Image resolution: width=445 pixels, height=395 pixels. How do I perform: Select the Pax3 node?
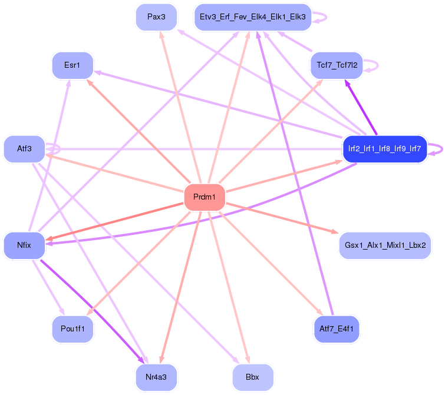tap(156, 17)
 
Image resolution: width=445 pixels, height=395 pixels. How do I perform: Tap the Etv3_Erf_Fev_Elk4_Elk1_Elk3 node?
tap(252, 17)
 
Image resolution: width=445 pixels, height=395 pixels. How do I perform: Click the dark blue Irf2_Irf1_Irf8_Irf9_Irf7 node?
tap(384, 148)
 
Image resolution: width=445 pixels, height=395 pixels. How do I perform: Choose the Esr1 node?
tap(73, 65)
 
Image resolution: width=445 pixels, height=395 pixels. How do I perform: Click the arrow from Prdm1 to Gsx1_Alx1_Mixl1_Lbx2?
tap(279, 218)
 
